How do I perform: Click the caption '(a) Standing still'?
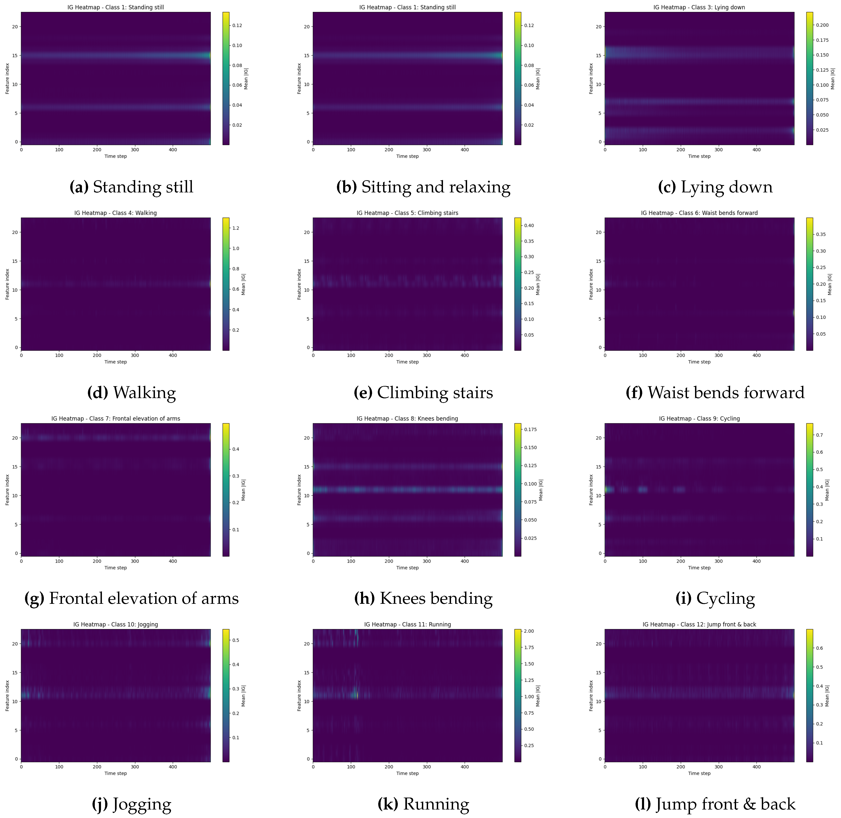click(x=132, y=187)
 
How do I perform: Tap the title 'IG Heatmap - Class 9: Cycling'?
click(x=699, y=419)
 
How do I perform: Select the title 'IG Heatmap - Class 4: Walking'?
click(x=115, y=213)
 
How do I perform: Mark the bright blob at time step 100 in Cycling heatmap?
click(x=642, y=489)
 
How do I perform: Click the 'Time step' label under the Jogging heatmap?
click(x=115, y=773)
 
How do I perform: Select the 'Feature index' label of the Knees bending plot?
click(x=299, y=490)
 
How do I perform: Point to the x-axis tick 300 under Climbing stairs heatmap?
click(x=426, y=355)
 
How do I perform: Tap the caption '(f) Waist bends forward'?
click(x=715, y=393)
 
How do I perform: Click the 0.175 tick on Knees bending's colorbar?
click(x=530, y=429)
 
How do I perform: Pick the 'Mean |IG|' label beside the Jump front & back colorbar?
click(x=827, y=696)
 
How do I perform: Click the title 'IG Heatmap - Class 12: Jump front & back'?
click(x=699, y=624)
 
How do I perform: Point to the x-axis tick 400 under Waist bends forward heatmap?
click(x=756, y=355)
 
